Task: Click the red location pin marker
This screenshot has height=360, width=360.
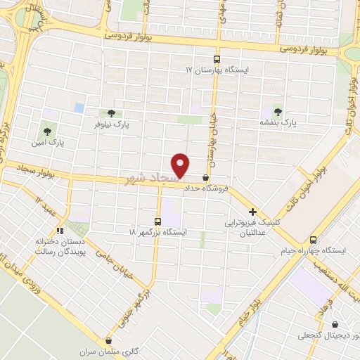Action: (x=181, y=165)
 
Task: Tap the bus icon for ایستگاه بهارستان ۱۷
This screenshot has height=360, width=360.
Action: (x=217, y=60)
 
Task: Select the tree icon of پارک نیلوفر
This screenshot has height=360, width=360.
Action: (x=111, y=112)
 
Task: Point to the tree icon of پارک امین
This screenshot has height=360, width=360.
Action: (x=47, y=131)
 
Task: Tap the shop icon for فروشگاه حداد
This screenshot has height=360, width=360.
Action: (x=205, y=179)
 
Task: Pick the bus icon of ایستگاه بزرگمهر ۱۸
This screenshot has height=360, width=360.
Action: (x=158, y=220)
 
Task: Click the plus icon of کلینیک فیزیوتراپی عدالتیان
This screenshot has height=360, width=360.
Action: (x=252, y=212)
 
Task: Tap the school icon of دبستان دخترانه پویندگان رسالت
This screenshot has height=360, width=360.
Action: (x=60, y=230)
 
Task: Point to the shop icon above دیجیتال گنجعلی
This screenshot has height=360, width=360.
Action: (x=334, y=325)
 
